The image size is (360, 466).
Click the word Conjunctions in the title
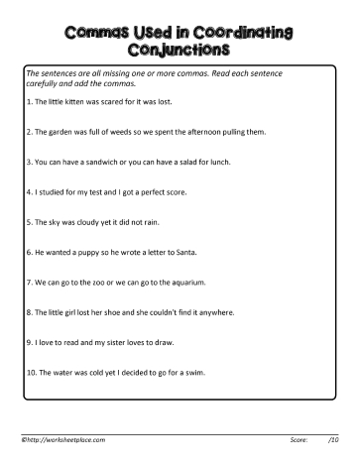(180, 47)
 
